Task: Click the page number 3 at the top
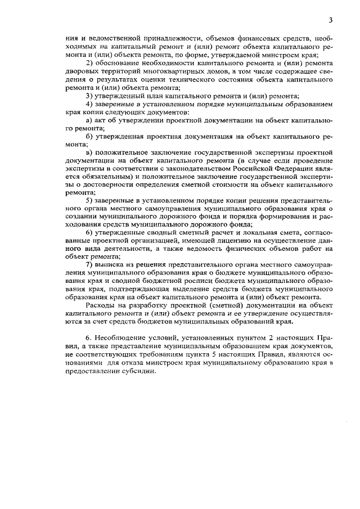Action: point(331,21)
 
